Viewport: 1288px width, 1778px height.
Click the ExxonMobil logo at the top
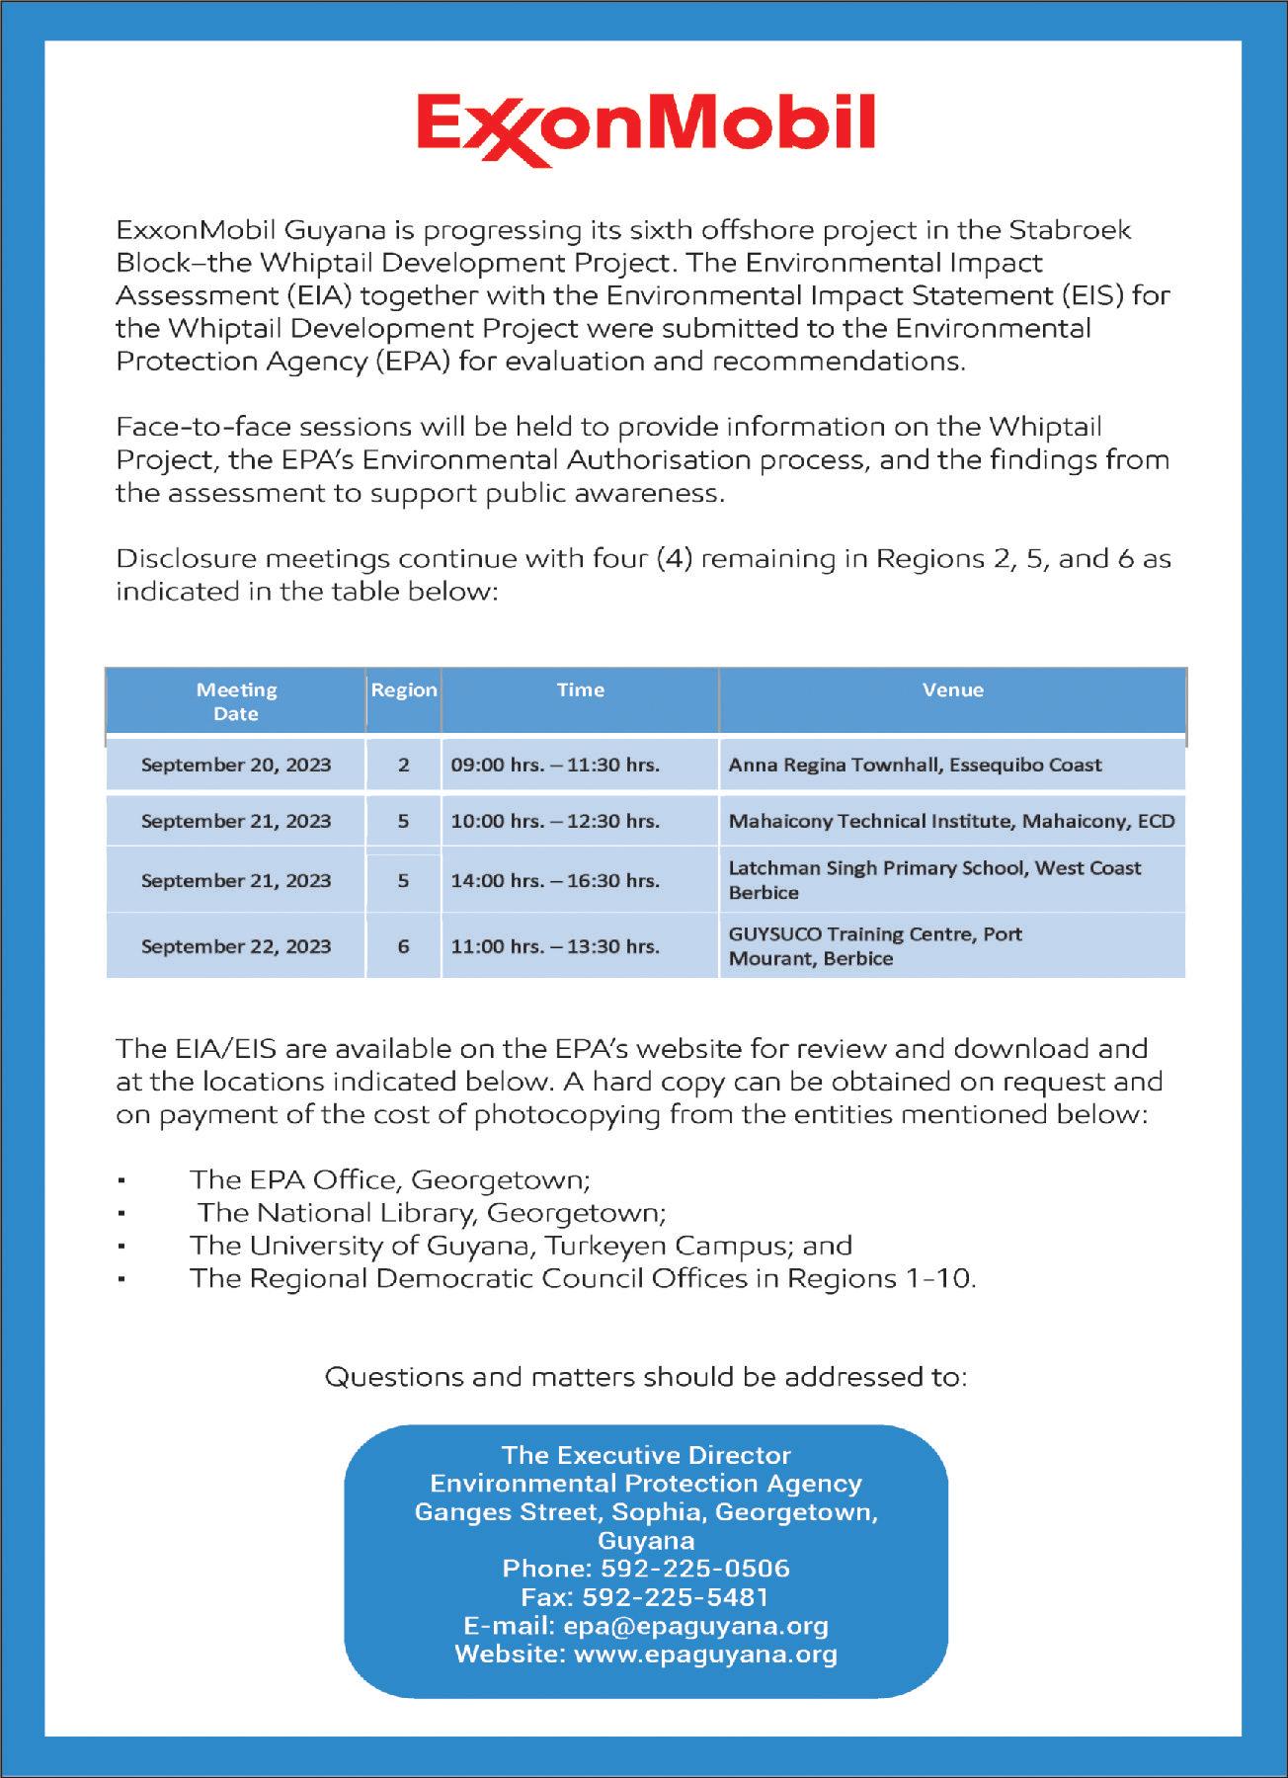[x=645, y=129]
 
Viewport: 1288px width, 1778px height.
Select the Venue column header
[x=952, y=690]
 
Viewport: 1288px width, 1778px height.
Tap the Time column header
[x=580, y=690]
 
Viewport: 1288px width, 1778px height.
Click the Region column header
[x=403, y=690]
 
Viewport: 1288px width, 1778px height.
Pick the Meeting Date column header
[x=236, y=701]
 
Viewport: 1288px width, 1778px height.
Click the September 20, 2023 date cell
[x=236, y=765]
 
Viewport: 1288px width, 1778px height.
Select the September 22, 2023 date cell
[x=236, y=946]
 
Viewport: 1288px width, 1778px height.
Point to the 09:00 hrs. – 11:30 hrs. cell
[x=555, y=765]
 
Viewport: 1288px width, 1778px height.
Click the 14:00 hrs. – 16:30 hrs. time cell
[x=555, y=880]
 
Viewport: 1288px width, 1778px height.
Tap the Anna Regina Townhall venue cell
[x=915, y=765]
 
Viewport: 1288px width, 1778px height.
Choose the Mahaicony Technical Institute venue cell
[x=951, y=821]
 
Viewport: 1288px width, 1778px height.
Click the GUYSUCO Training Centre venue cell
[x=875, y=946]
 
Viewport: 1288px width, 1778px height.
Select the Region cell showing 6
[x=403, y=946]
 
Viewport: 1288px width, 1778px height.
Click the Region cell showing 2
[x=403, y=765]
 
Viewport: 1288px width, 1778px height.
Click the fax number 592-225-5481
[x=676, y=1597]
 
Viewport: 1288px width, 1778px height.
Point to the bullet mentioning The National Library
[x=432, y=1212]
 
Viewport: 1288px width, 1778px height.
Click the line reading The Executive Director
[x=646, y=1455]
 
